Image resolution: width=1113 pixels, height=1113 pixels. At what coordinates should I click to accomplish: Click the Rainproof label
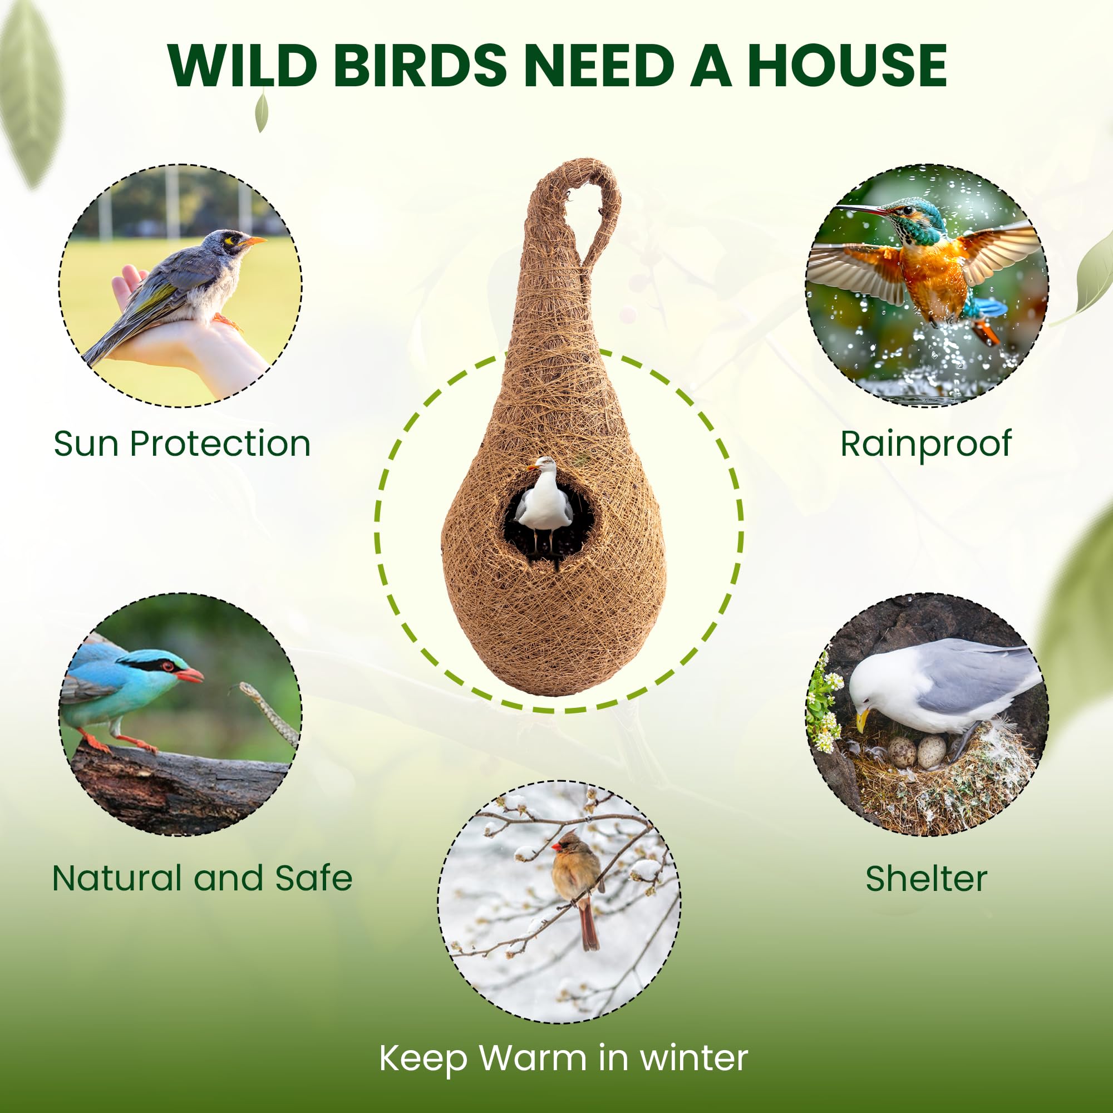click(925, 444)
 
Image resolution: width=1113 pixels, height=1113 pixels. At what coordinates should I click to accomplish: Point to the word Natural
click(117, 878)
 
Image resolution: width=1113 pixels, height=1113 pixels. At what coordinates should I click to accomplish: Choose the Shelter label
click(926, 879)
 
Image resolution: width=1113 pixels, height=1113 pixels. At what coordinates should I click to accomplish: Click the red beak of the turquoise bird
click(190, 674)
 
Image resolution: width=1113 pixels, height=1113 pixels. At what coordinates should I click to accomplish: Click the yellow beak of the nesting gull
click(862, 720)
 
